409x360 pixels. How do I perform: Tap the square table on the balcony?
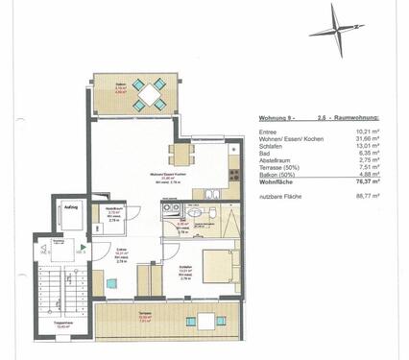point(150,93)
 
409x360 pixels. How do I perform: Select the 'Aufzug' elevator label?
point(70,207)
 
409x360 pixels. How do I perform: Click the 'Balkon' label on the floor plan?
point(120,86)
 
